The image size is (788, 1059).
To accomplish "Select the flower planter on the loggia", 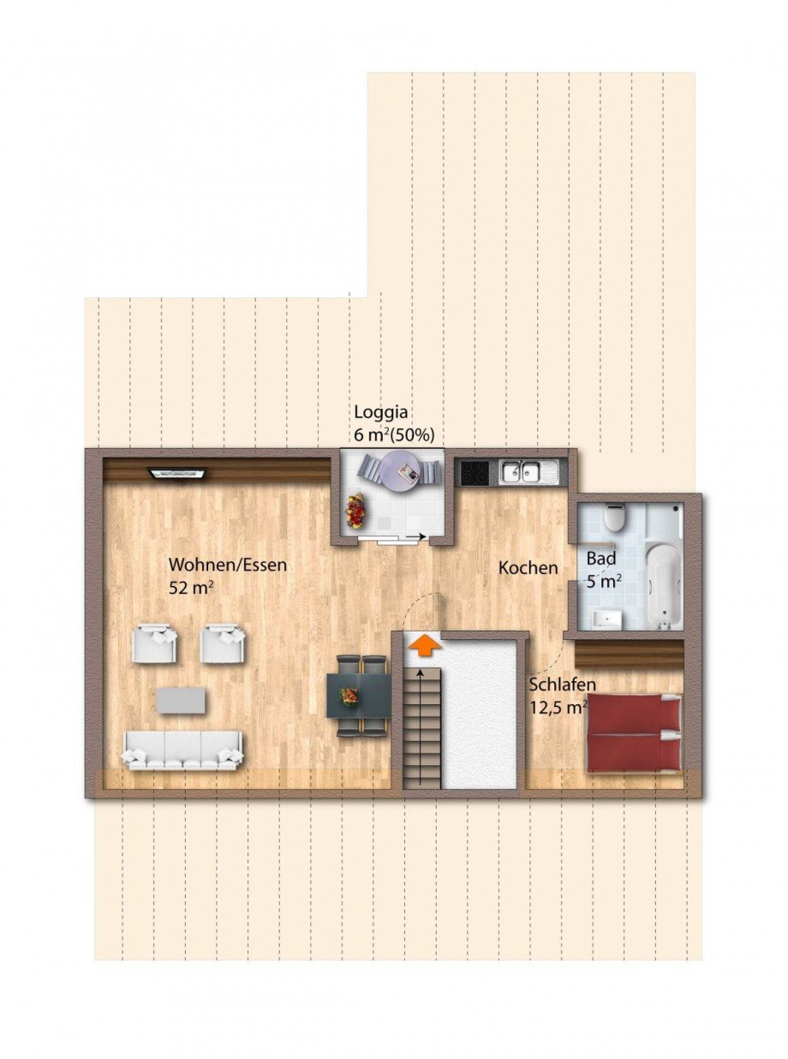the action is tap(356, 511).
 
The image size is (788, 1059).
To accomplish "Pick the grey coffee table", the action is tap(182, 700).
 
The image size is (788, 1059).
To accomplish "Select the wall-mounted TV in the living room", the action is tap(178, 473).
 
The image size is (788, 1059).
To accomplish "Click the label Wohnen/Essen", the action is tap(228, 565).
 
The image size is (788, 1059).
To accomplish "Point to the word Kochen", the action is tap(528, 568).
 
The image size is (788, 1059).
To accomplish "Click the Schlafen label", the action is tap(563, 685).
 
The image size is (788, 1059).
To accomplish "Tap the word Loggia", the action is tap(380, 412).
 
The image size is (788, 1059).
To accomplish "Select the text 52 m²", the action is tap(191, 589).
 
